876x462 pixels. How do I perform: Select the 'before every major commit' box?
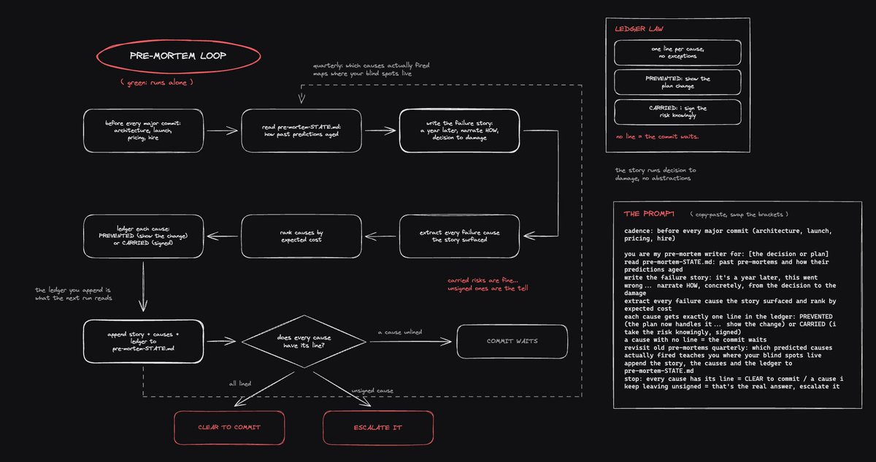[x=144, y=131]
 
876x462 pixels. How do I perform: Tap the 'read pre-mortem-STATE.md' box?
[x=301, y=131]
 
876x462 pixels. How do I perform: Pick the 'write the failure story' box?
[x=459, y=131]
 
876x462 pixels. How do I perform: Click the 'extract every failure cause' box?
[x=459, y=236]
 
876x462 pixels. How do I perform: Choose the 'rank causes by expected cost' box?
[x=301, y=236]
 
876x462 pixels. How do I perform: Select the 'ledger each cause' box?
[x=144, y=236]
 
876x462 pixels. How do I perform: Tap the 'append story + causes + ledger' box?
[x=144, y=342]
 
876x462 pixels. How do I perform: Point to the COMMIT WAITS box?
[x=512, y=342]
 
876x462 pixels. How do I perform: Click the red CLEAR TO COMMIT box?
[x=229, y=428]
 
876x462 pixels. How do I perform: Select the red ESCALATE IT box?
[x=378, y=428]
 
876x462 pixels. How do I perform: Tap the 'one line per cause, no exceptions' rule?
[x=677, y=53]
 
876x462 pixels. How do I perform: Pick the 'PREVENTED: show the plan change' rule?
[x=677, y=82]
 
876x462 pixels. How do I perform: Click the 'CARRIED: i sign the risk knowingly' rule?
[x=677, y=112]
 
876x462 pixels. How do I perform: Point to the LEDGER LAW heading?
[x=639, y=29]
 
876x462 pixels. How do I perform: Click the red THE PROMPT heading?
[x=649, y=214]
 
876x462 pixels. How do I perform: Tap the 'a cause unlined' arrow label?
[x=400, y=332]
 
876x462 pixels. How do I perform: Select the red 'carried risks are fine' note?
[x=488, y=285]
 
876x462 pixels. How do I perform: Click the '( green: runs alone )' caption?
[x=157, y=82]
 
